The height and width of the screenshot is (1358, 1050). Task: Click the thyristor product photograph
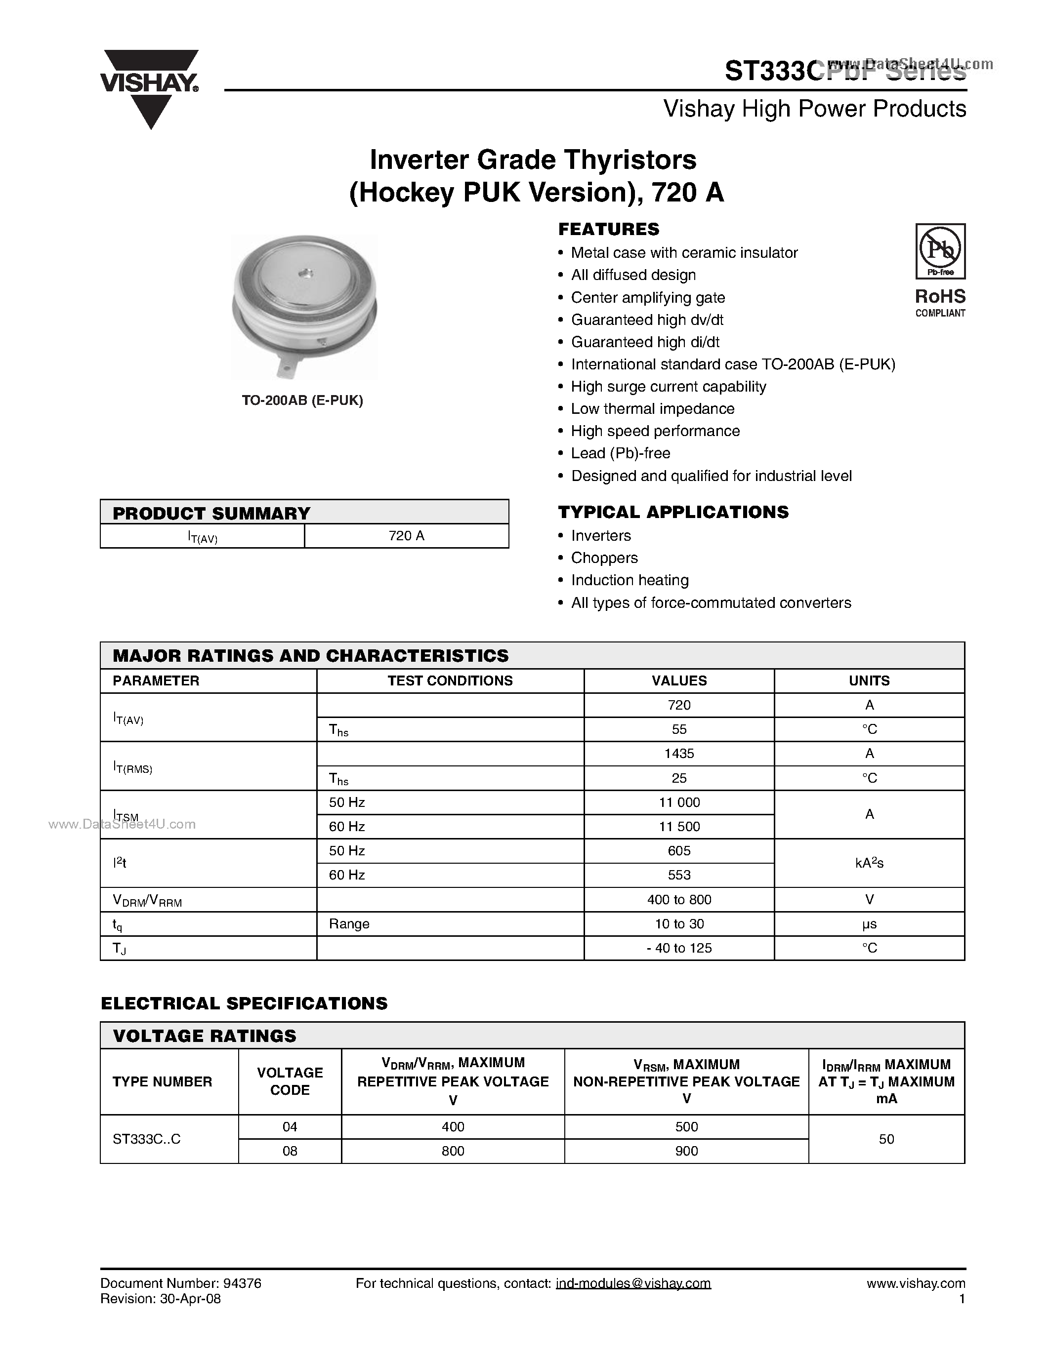(304, 307)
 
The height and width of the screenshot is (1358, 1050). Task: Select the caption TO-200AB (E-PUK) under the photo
(302, 401)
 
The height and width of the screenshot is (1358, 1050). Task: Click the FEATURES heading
(608, 230)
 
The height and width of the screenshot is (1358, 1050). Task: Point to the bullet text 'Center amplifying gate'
(648, 298)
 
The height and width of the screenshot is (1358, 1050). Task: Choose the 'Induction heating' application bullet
(630, 581)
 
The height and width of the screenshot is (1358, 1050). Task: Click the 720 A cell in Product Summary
(406, 536)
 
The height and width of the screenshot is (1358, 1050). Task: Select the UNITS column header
(869, 681)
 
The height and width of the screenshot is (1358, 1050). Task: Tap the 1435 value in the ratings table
(678, 754)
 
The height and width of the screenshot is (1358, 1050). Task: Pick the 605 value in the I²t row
(678, 851)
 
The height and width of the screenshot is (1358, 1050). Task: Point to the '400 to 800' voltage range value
(678, 900)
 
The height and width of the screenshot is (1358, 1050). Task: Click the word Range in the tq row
(349, 924)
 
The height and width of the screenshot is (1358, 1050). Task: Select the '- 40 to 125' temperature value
(678, 948)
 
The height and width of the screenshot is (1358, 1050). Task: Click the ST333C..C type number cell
(147, 1139)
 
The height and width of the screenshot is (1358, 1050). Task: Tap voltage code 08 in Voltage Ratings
(290, 1152)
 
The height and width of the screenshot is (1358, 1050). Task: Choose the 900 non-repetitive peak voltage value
(686, 1152)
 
